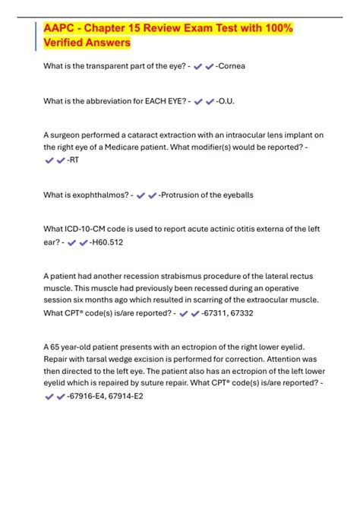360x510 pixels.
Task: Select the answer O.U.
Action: coord(230,101)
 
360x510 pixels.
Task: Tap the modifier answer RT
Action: coord(75,160)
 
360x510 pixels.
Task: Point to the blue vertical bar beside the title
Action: coord(36,36)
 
